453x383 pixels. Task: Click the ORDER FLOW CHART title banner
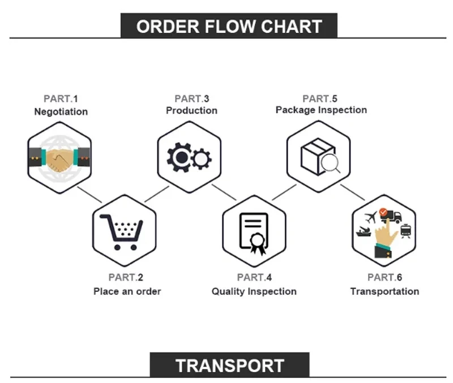pyautogui.click(x=229, y=25)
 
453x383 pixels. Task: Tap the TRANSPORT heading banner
pyautogui.click(x=229, y=365)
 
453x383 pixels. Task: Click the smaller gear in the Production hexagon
pyautogui.click(x=202, y=159)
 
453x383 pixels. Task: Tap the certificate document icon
pyautogui.click(x=254, y=234)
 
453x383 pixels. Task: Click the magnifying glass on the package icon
pyautogui.click(x=331, y=163)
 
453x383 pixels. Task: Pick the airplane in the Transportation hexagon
pyautogui.click(x=371, y=217)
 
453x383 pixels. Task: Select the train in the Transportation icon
pyautogui.click(x=406, y=231)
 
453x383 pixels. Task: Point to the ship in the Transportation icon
pyautogui.click(x=364, y=231)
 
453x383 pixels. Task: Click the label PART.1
pyautogui.click(x=61, y=98)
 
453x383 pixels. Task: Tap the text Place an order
pyautogui.click(x=127, y=291)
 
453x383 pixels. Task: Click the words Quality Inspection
pyautogui.click(x=254, y=291)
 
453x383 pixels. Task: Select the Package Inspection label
pyautogui.click(x=321, y=110)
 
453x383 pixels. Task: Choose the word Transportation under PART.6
pyautogui.click(x=384, y=291)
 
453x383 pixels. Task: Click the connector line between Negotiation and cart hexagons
pyautogui.click(x=89, y=195)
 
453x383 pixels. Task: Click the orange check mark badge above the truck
pyautogui.click(x=384, y=212)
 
